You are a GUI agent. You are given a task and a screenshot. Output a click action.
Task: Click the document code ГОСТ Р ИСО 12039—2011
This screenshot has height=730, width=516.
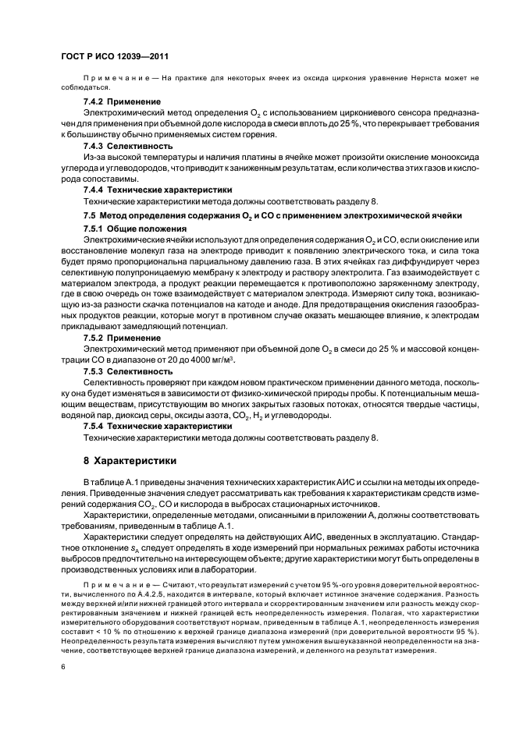(115, 57)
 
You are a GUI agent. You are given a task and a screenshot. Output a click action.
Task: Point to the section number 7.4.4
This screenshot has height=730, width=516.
(98, 190)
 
